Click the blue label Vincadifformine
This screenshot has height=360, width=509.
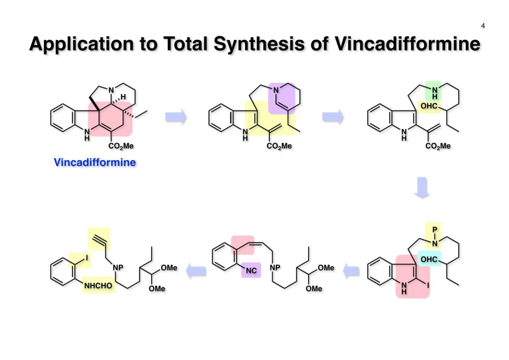coord(94,162)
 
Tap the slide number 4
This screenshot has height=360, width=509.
coord(483,26)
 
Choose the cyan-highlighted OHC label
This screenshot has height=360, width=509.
coord(430,260)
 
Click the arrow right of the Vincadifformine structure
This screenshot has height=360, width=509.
coord(176,117)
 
